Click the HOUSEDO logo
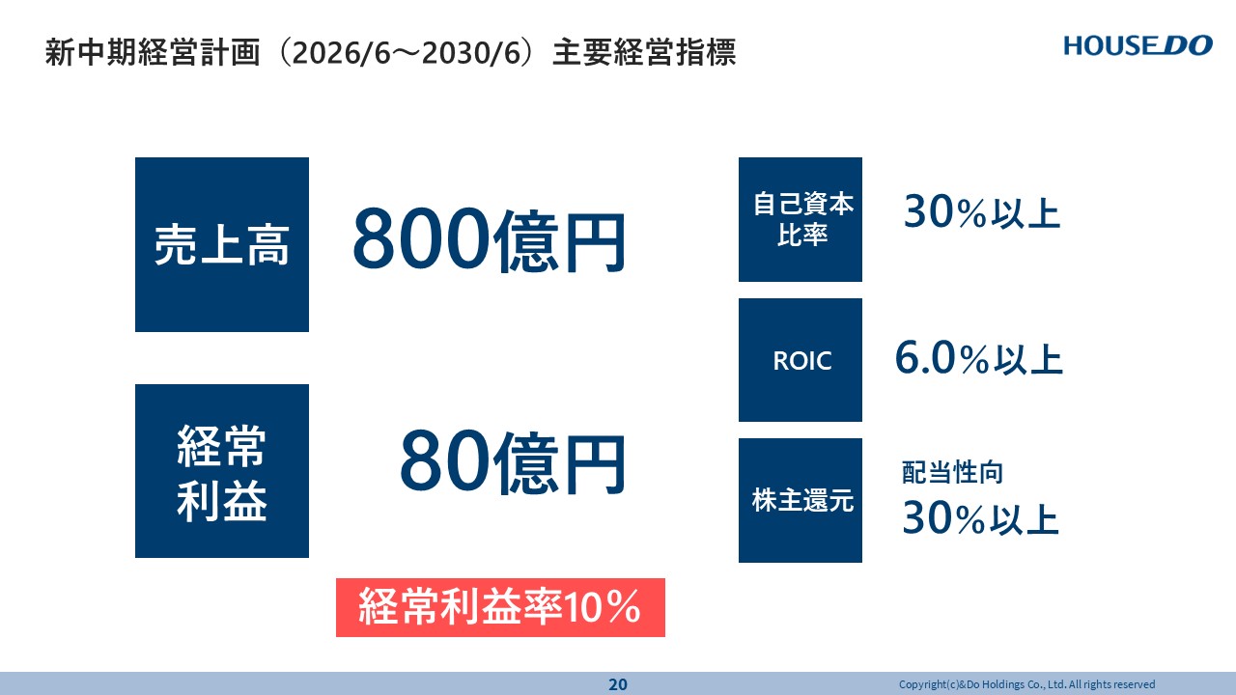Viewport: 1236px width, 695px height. click(x=1138, y=45)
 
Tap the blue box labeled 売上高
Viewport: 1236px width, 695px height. click(x=222, y=244)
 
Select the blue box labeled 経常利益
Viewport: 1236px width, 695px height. click(x=222, y=471)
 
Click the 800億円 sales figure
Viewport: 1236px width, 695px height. click(x=489, y=240)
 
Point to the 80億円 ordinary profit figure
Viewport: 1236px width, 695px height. click(x=513, y=462)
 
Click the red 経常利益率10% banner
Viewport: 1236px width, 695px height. click(x=500, y=607)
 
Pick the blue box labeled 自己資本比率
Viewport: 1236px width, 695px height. click(x=801, y=219)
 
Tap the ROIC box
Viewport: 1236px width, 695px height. click(x=801, y=360)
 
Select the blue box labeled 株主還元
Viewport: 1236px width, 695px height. click(x=801, y=500)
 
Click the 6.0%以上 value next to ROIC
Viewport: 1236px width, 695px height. click(x=979, y=358)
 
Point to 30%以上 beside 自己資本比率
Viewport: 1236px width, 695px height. click(x=982, y=211)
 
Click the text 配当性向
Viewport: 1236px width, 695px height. click(x=952, y=473)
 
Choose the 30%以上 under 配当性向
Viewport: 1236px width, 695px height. click(x=980, y=518)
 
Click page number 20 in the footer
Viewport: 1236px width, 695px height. click(x=618, y=684)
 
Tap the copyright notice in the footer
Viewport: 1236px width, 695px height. click(x=1026, y=684)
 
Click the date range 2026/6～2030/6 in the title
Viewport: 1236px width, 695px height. click(x=407, y=53)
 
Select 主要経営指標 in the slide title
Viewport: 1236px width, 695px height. click(x=644, y=52)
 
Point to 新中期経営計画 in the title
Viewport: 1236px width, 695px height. click(x=153, y=52)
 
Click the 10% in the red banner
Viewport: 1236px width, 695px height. click(x=602, y=607)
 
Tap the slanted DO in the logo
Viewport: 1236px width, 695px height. click(x=1187, y=45)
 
